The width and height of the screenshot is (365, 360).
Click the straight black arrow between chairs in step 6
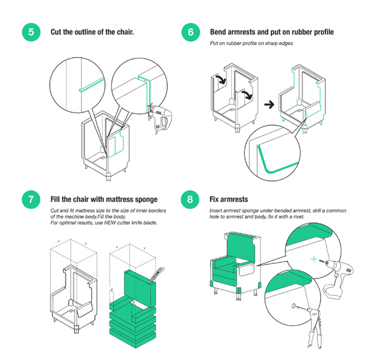click(266, 105)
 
